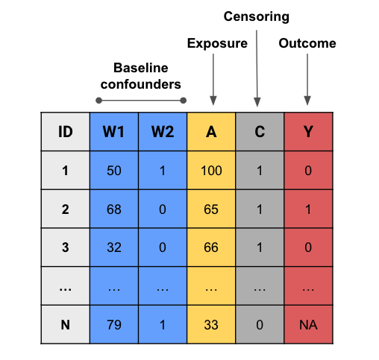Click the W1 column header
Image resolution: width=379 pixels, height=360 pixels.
[x=114, y=132]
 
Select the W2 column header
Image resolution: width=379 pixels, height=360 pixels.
[x=163, y=132]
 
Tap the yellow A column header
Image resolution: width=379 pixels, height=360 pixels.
[x=211, y=132]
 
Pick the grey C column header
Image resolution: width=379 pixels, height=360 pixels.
[x=260, y=132]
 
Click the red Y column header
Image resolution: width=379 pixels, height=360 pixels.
[x=308, y=132]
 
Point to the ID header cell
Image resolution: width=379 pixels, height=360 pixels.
[x=66, y=132]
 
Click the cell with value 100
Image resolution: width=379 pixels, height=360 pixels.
[x=211, y=171]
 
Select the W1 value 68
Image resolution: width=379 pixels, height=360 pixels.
[x=114, y=209]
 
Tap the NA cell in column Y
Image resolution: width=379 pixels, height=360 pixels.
[x=308, y=325]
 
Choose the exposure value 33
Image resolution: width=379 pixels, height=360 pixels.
[x=211, y=325]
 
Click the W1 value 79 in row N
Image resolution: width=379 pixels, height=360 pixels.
[x=114, y=325]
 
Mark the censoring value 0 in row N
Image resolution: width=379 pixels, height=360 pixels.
[x=260, y=325]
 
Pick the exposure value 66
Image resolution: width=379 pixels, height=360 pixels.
[x=211, y=247]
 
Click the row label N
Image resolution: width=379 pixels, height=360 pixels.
[x=66, y=325]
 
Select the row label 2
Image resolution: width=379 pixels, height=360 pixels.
[x=66, y=209]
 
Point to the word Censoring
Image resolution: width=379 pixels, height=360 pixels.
[x=257, y=17]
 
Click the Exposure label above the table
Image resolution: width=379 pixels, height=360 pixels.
[x=217, y=43]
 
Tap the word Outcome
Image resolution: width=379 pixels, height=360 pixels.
[x=307, y=43]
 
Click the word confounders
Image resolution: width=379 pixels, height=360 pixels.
[x=141, y=84]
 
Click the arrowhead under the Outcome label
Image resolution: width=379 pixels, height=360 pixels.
[x=307, y=101]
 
